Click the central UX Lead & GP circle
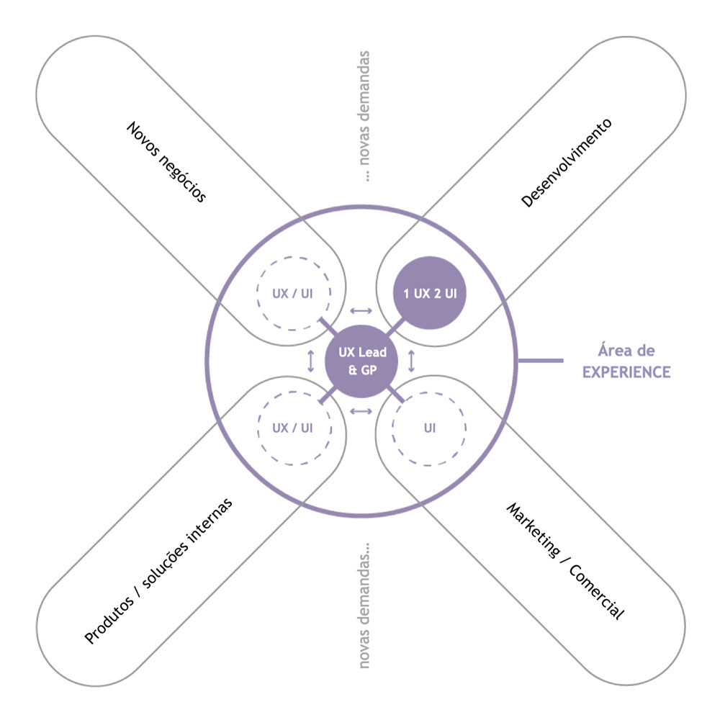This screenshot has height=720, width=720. click(x=361, y=361)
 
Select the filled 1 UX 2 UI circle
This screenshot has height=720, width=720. click(x=430, y=293)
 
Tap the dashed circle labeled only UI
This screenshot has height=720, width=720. click(x=429, y=429)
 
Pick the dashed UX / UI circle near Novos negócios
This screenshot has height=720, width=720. click(x=294, y=294)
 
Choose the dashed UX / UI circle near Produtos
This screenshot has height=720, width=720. click(x=294, y=428)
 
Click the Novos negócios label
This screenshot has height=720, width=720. click(x=166, y=161)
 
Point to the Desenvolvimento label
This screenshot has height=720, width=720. click(x=566, y=163)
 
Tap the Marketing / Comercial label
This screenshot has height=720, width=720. click(x=565, y=561)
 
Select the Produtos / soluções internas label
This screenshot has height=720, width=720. click(x=158, y=571)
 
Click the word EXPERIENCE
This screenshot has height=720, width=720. click(x=626, y=372)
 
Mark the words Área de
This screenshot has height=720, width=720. click(x=626, y=351)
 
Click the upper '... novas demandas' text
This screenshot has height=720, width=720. click(x=364, y=116)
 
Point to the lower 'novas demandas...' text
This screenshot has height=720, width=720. click(x=364, y=606)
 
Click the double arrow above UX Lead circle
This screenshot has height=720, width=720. click(x=361, y=311)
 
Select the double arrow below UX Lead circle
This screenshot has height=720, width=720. click(x=361, y=411)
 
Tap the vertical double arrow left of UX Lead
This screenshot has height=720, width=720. click(x=311, y=361)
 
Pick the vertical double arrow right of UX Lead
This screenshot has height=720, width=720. click(x=411, y=361)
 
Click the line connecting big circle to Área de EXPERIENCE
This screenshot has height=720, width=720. click(x=541, y=361)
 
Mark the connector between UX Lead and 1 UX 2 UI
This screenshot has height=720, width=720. click(x=395, y=327)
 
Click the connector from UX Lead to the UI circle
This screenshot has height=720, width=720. click(x=395, y=395)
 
